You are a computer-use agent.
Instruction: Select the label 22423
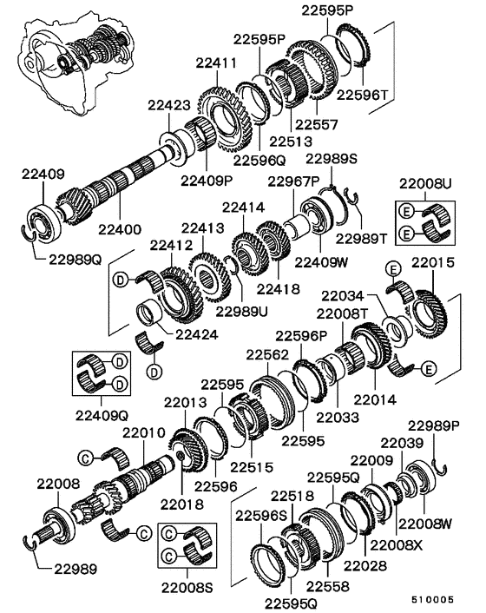point(168,105)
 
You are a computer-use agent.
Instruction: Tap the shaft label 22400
point(118,229)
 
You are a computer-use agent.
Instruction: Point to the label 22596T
point(364,94)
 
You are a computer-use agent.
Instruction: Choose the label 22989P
point(434,425)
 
